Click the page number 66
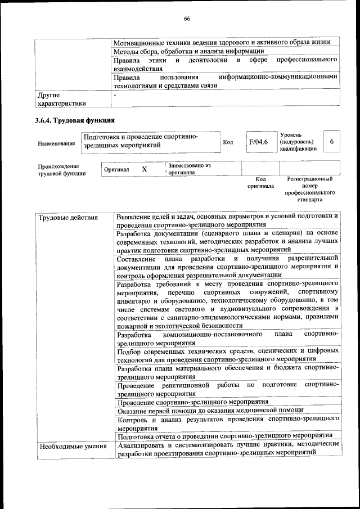[x=186, y=19]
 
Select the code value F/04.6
[x=259, y=142]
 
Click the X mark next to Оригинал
[x=144, y=169]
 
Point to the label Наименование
[x=56, y=144]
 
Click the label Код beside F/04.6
[x=228, y=142]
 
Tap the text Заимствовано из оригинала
[x=189, y=169]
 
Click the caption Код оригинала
[x=260, y=182]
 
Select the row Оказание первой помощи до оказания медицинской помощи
[x=210, y=410]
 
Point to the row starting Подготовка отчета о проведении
[x=225, y=435]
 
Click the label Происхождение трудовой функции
[x=62, y=170]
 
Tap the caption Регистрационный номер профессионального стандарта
[x=309, y=189]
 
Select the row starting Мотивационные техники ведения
[x=225, y=42]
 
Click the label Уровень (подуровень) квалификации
[x=298, y=142]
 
